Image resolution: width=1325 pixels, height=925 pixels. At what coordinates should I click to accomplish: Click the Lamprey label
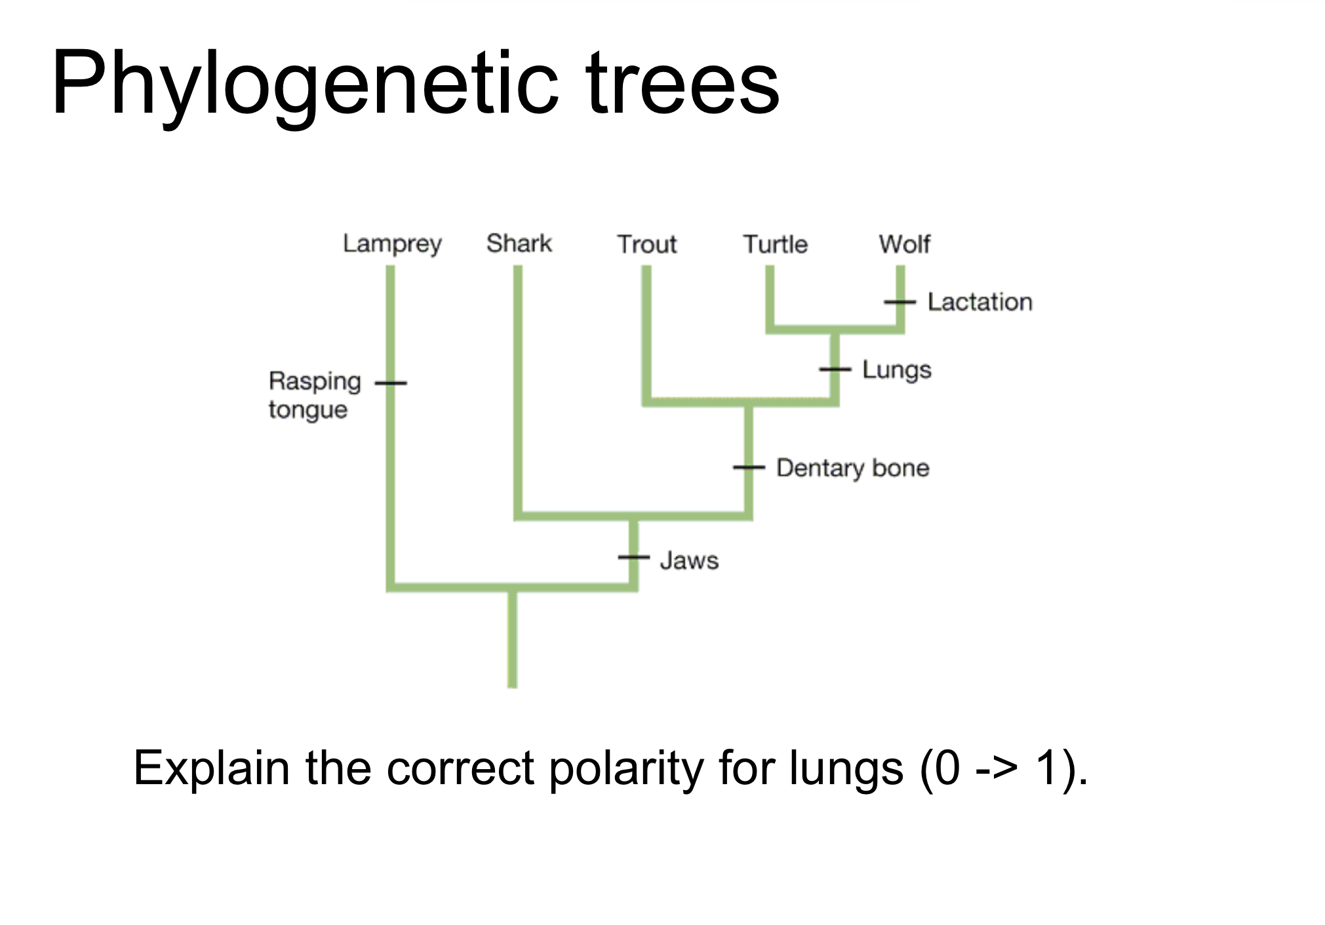(392, 244)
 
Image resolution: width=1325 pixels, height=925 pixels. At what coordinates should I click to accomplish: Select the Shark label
(519, 243)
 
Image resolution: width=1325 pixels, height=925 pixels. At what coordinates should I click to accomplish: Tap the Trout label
(646, 244)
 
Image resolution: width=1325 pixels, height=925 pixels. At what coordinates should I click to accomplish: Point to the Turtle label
(775, 244)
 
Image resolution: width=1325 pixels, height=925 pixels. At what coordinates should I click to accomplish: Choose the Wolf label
(904, 244)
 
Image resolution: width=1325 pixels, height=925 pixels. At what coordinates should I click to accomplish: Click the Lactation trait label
(979, 302)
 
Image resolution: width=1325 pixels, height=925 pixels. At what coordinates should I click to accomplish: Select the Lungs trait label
(896, 370)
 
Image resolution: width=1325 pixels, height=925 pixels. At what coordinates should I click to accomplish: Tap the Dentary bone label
(852, 468)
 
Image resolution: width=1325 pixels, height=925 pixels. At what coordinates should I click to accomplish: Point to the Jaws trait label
(689, 561)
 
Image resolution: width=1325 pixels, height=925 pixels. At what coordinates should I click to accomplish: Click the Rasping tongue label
(315, 395)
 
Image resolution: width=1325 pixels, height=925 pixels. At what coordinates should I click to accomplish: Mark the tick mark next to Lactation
(900, 302)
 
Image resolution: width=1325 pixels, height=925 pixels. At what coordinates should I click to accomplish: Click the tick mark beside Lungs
(835, 369)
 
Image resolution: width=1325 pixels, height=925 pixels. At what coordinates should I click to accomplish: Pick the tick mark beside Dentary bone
(749, 467)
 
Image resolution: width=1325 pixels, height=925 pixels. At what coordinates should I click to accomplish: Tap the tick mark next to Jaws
(633, 557)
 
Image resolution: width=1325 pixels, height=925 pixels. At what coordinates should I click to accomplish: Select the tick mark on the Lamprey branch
(391, 383)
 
